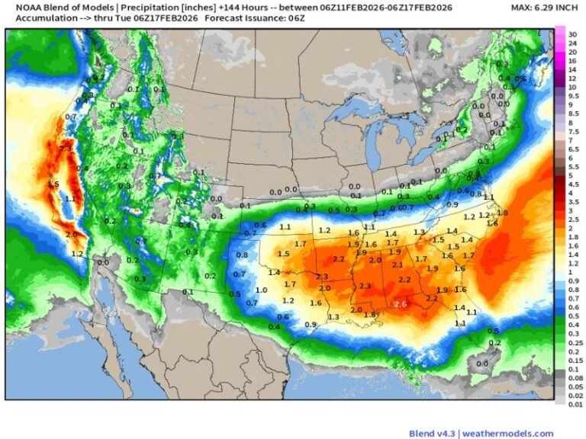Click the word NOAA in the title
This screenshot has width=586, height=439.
click(20, 7)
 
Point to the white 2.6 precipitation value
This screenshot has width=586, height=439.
click(401, 304)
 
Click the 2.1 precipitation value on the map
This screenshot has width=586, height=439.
click(397, 265)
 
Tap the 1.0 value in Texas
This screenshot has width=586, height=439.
click(261, 290)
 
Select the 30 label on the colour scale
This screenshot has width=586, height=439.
click(572, 35)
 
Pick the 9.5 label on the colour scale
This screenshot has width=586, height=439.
click(574, 96)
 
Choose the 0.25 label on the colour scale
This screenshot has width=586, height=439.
click(575, 343)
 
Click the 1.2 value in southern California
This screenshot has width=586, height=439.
click(77, 254)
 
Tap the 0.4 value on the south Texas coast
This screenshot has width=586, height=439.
click(274, 327)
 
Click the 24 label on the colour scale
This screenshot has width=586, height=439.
click(572, 43)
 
